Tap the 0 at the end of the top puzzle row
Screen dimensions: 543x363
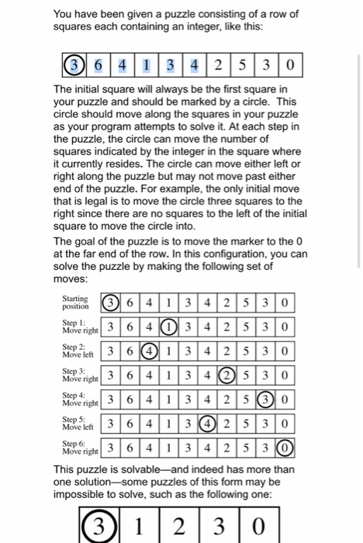[x=289, y=63]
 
